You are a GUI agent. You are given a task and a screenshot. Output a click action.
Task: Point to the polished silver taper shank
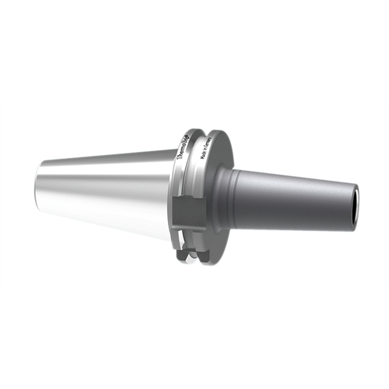(x=106, y=186)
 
